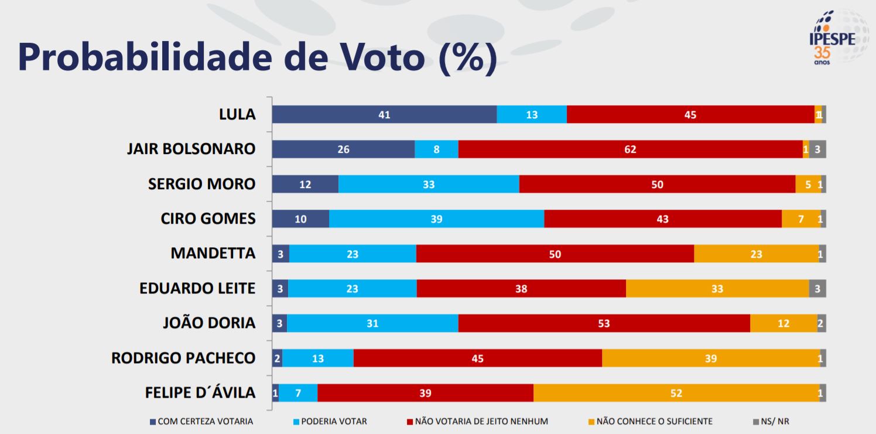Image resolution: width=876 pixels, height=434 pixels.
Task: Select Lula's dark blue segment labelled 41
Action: (384, 115)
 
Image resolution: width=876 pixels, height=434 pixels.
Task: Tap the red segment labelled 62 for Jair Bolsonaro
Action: (630, 149)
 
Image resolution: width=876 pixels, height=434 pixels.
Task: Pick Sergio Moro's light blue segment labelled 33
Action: (429, 184)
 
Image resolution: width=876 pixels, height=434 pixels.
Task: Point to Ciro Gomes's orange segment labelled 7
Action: (801, 219)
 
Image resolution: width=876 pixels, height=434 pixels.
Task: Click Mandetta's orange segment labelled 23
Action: (756, 254)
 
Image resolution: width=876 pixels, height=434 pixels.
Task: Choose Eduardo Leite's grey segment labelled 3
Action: (817, 289)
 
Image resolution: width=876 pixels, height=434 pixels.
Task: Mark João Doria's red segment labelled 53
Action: (604, 323)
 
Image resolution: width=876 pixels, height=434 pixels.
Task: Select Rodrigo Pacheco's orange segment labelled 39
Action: (711, 358)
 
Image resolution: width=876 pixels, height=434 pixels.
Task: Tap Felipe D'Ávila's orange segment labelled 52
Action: (676, 393)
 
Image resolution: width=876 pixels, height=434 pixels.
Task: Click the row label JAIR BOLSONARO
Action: (191, 149)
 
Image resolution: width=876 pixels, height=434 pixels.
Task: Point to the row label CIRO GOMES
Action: (208, 218)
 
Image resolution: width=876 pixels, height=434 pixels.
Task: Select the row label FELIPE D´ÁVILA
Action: (200, 392)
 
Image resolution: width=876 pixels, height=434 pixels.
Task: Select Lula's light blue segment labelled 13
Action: (532, 115)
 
